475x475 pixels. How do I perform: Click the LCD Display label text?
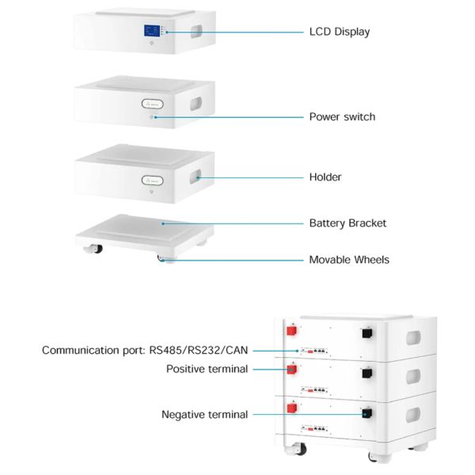pyautogui.click(x=339, y=32)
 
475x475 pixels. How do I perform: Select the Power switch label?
pyautogui.click(x=342, y=117)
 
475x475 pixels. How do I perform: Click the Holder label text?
pyautogui.click(x=325, y=177)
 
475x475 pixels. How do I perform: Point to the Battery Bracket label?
pyautogui.click(x=348, y=223)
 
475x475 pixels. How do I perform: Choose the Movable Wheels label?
pyautogui.click(x=348, y=260)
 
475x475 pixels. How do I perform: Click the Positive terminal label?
pyautogui.click(x=207, y=369)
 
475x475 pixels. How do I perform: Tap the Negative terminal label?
pyautogui.click(x=204, y=414)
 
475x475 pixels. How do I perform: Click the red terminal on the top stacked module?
pyautogui.click(x=291, y=330)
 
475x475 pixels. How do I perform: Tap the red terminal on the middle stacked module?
pyautogui.click(x=291, y=370)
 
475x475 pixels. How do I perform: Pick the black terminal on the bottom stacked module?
pyautogui.click(x=367, y=413)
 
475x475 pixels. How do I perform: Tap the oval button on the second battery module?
pyautogui.click(x=153, y=104)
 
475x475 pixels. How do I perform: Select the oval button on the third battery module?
pyautogui.click(x=153, y=180)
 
